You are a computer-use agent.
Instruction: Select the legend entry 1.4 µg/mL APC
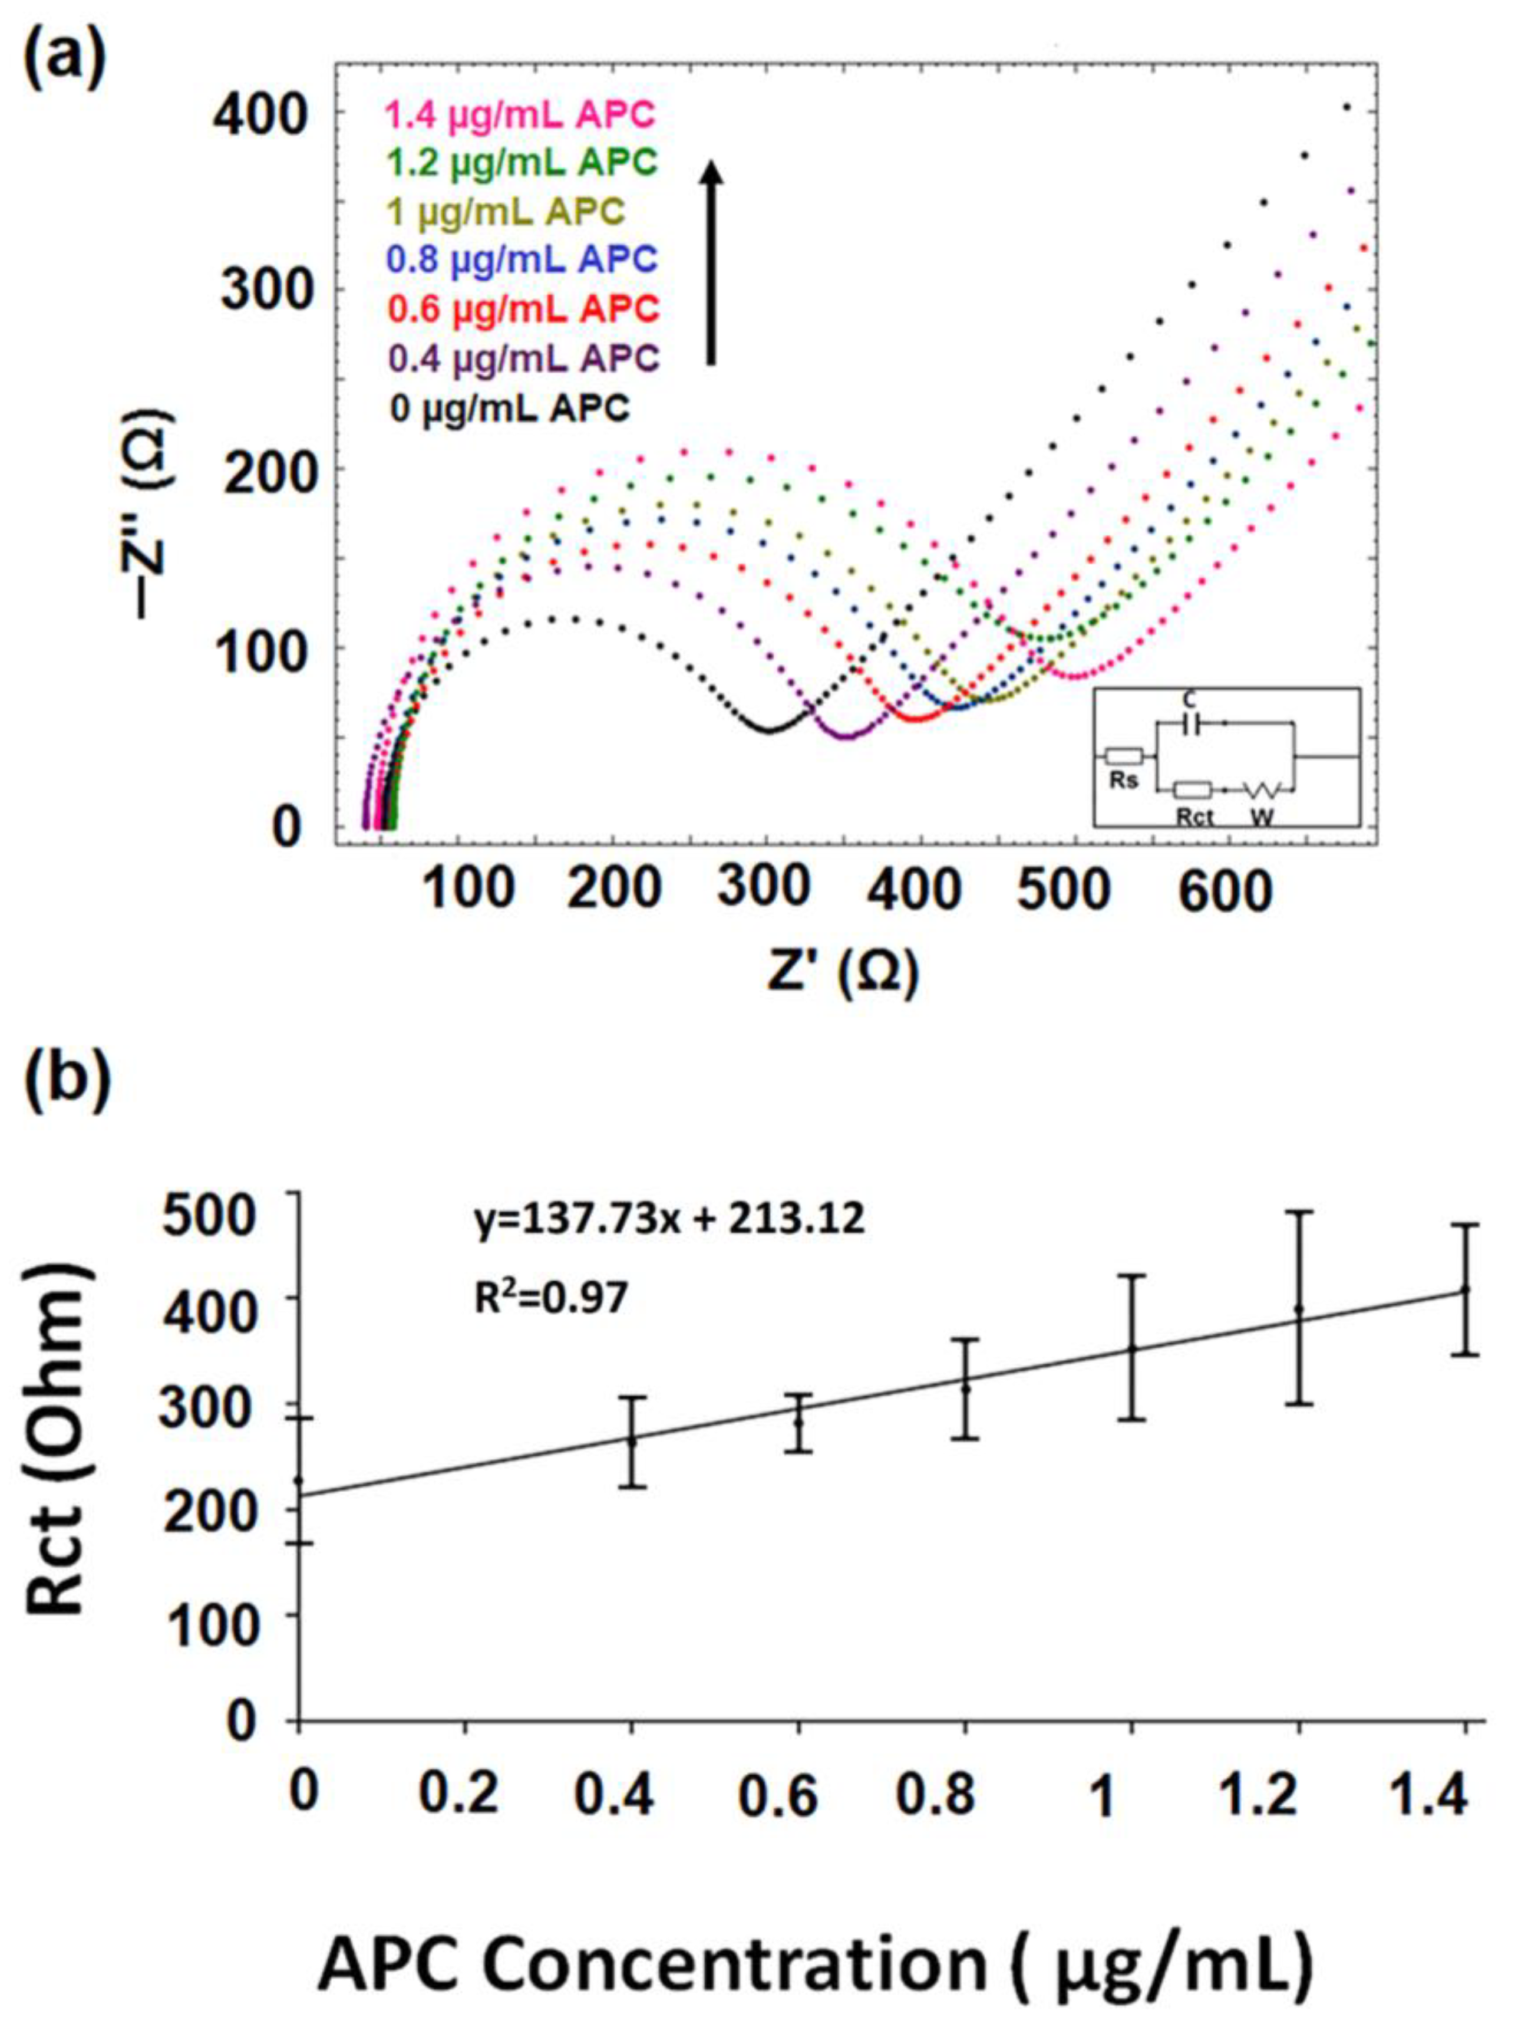[520, 116]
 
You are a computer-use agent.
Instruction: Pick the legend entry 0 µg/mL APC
[510, 408]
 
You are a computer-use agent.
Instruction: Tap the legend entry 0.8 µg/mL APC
[522, 260]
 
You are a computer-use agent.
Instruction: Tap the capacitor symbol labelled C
[1190, 724]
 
